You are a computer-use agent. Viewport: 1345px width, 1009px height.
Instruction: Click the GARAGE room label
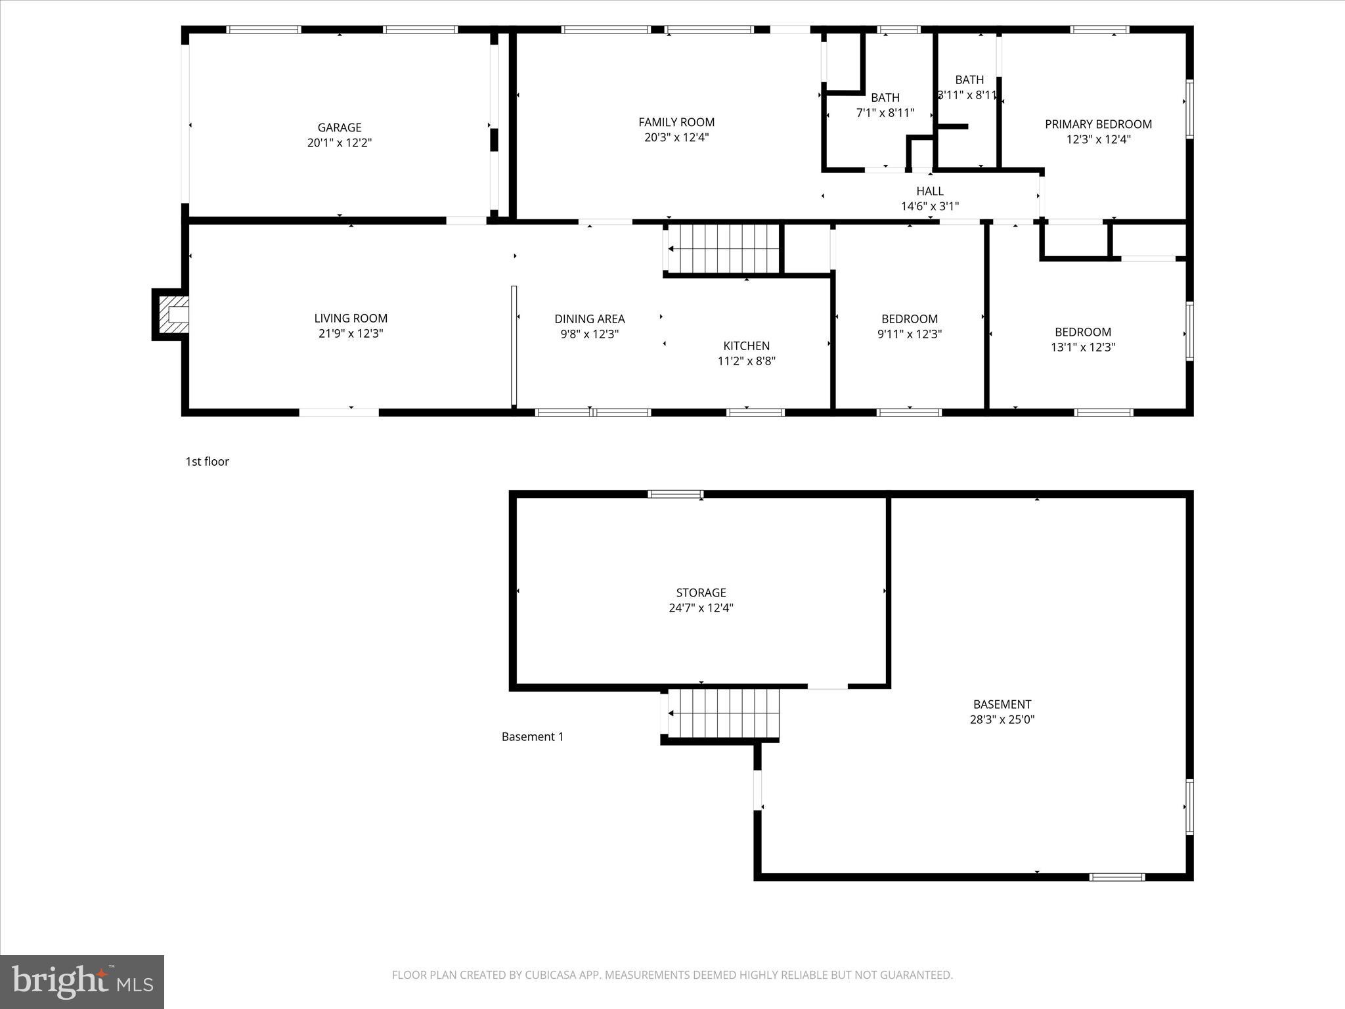coord(340,127)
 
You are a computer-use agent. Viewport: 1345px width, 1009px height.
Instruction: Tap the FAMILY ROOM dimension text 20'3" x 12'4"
coord(676,137)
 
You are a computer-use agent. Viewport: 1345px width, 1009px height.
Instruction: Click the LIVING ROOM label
coord(351,319)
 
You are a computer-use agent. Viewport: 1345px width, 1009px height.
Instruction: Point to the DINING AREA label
coord(589,319)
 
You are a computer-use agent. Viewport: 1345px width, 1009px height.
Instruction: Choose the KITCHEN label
coord(746,346)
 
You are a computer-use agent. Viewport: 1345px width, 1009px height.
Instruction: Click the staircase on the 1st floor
coord(723,248)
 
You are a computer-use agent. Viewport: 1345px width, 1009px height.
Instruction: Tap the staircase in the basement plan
coord(723,713)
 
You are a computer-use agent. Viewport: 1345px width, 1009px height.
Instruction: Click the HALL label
coord(929,191)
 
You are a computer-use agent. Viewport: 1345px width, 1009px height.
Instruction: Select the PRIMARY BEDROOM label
coord(1098,124)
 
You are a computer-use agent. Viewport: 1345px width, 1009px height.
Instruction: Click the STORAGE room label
coord(701,593)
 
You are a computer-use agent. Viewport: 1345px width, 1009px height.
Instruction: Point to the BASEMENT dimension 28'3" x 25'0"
coord(1002,719)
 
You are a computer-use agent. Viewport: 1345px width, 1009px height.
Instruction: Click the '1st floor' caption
coord(207,462)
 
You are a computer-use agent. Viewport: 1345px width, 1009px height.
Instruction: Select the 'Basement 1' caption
coord(532,737)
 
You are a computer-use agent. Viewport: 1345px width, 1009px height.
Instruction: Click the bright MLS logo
coord(81,982)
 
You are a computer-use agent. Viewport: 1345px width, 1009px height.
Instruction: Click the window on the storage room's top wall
coord(675,494)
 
